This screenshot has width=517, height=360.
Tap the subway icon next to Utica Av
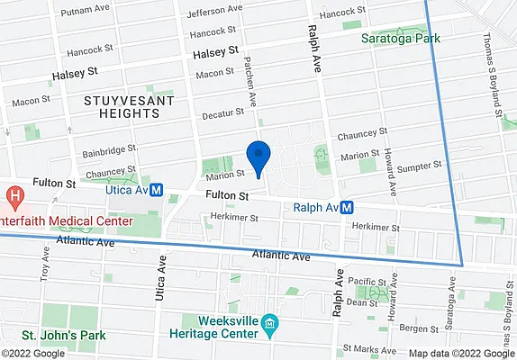pyautogui.click(x=156, y=190)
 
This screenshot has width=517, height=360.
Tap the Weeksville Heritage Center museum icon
pyautogui.click(x=269, y=322)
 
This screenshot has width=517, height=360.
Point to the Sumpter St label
pyautogui.click(x=420, y=166)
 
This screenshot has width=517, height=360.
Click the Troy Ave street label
pyautogui.click(x=42, y=260)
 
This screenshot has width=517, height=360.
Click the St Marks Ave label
pyautogui.click(x=365, y=347)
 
